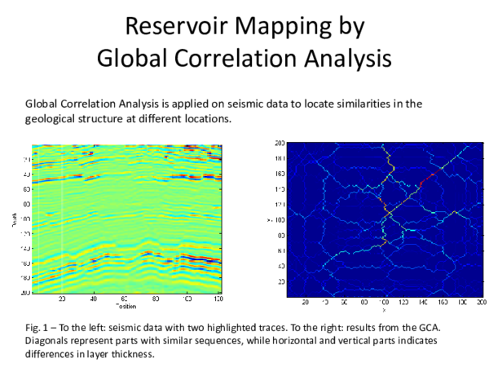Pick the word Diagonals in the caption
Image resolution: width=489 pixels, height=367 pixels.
tap(49, 341)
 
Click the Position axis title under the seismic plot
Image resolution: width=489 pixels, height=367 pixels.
tap(126, 307)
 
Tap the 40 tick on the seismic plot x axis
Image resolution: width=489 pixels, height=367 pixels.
tap(95, 299)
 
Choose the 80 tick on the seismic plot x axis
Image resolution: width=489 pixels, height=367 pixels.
tap(156, 299)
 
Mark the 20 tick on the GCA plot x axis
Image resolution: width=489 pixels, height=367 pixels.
tap(305, 302)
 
